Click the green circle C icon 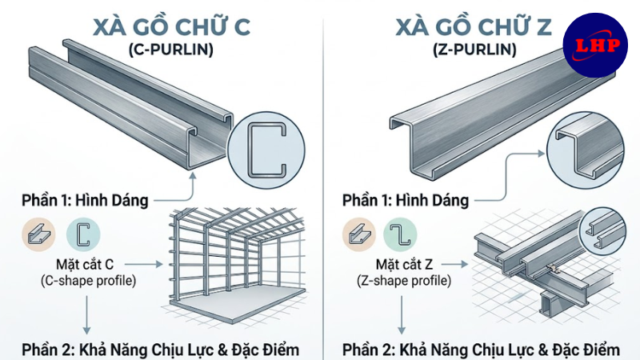pos(83,234)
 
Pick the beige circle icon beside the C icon pos(39,234)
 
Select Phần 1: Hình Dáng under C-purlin pos(86,200)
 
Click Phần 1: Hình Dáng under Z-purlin pos(406,199)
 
